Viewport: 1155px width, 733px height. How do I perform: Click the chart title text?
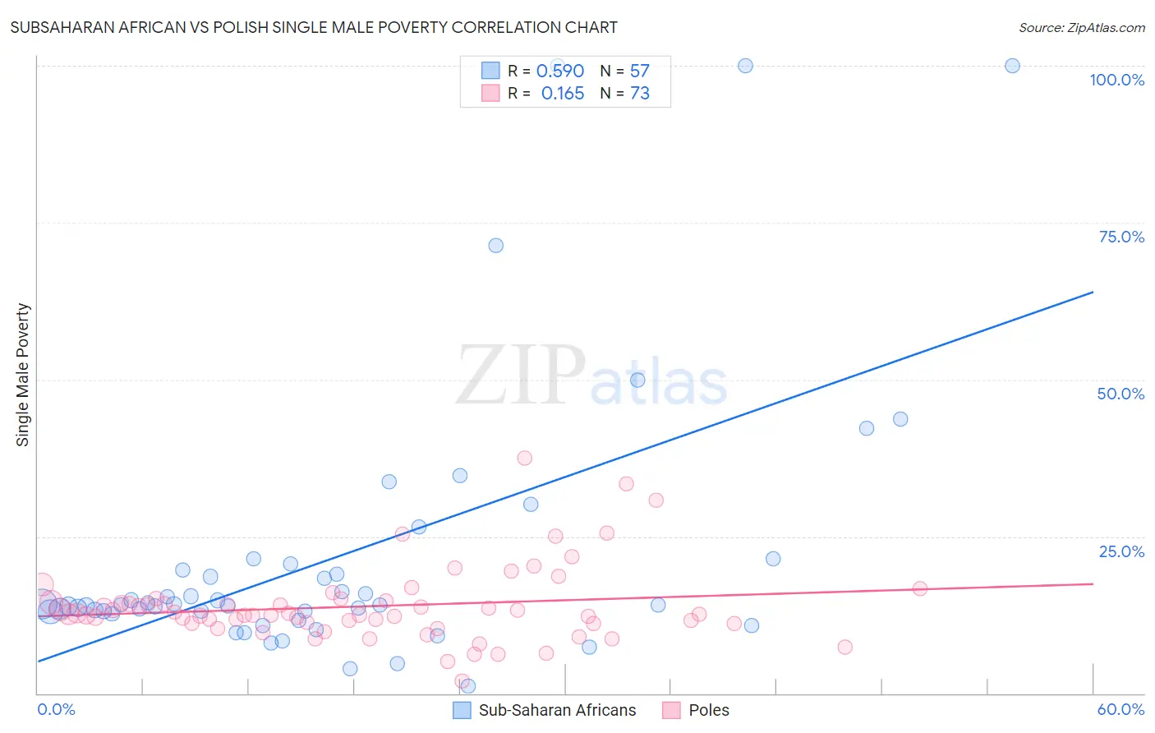click(x=314, y=27)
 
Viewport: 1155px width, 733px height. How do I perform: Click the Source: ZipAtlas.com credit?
click(x=1081, y=28)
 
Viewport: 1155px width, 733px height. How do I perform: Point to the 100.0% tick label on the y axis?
click(x=1116, y=80)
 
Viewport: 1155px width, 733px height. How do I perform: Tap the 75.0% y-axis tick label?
click(x=1121, y=237)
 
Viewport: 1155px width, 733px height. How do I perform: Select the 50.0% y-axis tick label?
click(x=1120, y=394)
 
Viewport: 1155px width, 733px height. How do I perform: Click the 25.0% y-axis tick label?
click(x=1121, y=551)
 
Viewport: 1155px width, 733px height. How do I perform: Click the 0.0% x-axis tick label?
click(x=56, y=709)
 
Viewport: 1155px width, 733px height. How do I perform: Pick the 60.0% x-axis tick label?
click(x=1120, y=709)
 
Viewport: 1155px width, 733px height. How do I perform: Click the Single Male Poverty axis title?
click(x=23, y=375)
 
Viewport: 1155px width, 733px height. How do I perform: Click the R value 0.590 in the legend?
click(x=559, y=71)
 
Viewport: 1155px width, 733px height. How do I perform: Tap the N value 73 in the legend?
click(x=639, y=94)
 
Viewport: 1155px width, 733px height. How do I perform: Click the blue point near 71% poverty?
click(x=495, y=246)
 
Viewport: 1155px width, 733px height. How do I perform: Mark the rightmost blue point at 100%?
click(x=1012, y=66)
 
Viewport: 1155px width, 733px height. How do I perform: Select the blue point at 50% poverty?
click(x=637, y=380)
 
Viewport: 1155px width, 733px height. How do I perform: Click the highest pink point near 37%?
click(x=524, y=458)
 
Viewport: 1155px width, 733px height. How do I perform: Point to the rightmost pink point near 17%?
click(x=919, y=588)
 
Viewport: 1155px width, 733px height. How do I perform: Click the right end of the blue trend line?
click(x=1093, y=292)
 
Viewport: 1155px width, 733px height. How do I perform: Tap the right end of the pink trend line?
click(x=1093, y=583)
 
